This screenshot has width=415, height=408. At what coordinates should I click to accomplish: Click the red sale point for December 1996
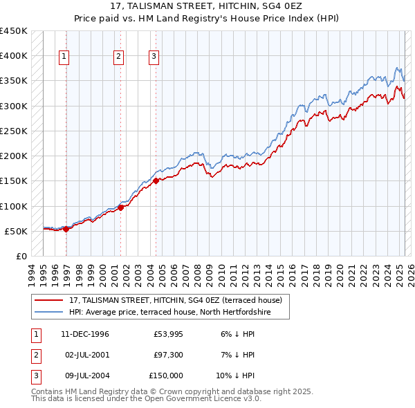click(66, 229)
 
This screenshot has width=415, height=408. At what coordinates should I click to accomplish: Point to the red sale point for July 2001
click(120, 207)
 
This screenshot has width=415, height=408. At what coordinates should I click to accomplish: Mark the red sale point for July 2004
click(156, 180)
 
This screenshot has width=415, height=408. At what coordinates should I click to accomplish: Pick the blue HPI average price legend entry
click(169, 313)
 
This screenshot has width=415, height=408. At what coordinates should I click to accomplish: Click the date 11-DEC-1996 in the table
click(85, 334)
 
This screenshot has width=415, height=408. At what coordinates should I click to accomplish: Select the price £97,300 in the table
click(168, 355)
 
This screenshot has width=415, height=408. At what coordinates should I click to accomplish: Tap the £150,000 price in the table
click(166, 375)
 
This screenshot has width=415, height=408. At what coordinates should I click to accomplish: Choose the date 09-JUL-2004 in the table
click(85, 375)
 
